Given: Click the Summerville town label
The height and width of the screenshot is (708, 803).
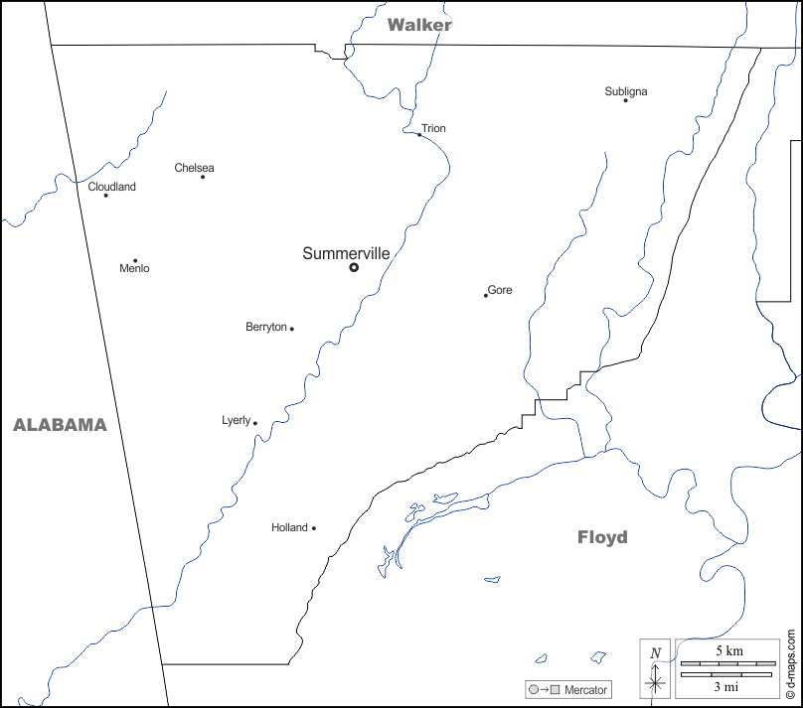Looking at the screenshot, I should [346, 254].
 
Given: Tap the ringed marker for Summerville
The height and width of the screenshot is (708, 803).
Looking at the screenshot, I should [354, 267].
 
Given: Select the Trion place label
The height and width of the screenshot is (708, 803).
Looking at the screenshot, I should [433, 129].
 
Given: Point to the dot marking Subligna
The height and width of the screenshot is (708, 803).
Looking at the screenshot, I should [625, 100].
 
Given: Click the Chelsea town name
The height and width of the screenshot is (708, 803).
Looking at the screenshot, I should [194, 168].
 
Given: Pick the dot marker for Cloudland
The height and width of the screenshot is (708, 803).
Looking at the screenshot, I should [106, 195].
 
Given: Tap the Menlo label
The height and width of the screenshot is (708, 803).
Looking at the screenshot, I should [134, 269].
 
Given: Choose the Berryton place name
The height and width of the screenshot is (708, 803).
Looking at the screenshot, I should [265, 327].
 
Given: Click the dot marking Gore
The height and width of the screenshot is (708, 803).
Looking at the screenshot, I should [486, 295].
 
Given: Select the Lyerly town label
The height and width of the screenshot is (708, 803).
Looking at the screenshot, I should [236, 421].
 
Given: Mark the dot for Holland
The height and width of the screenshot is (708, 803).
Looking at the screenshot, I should [314, 528].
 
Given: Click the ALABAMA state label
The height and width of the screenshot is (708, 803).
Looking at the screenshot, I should [60, 425].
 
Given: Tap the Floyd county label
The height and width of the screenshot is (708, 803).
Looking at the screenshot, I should [602, 537].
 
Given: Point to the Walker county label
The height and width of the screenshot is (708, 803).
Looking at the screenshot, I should [419, 25].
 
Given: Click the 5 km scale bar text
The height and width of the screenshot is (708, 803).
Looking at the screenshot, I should [727, 650].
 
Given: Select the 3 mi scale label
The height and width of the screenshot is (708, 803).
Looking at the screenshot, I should [726, 686].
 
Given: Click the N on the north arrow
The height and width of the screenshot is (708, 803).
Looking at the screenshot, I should [655, 653].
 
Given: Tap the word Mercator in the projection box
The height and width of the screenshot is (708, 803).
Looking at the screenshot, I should [586, 689].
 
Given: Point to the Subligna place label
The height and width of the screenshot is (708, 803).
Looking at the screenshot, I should [626, 91].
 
